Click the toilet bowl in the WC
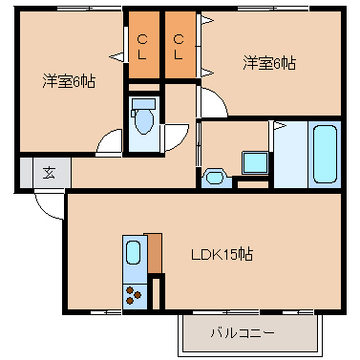[144, 121]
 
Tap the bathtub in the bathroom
[325, 154]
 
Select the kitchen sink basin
[133, 252]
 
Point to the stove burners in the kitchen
[134, 295]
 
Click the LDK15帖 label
[222, 254]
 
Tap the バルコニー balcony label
[243, 333]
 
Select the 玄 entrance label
[49, 174]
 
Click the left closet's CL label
[142, 48]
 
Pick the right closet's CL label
[179, 48]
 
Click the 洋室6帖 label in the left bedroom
[69, 81]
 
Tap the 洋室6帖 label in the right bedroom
[269, 63]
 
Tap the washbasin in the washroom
[215, 178]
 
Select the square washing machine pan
[255, 163]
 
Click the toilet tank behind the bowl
[144, 103]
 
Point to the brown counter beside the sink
[154, 253]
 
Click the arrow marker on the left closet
[116, 57]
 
